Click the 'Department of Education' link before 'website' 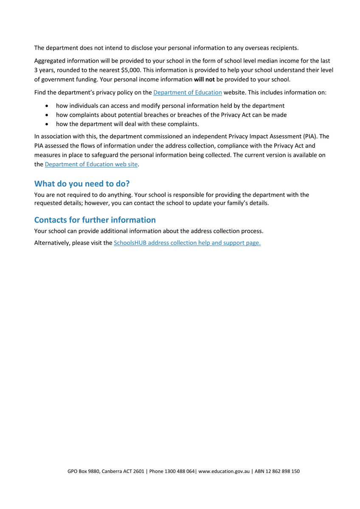[x=187, y=92]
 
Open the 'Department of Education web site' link [x=91, y=164]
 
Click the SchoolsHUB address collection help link [x=187, y=243]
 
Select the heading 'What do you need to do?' [x=82, y=184]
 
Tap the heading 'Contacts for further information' [x=95, y=220]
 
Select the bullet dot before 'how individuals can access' [x=46, y=106]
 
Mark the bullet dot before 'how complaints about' [x=46, y=115]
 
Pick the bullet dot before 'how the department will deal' [x=46, y=124]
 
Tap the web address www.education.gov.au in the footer [x=224, y=471]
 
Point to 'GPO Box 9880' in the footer [x=83, y=471]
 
